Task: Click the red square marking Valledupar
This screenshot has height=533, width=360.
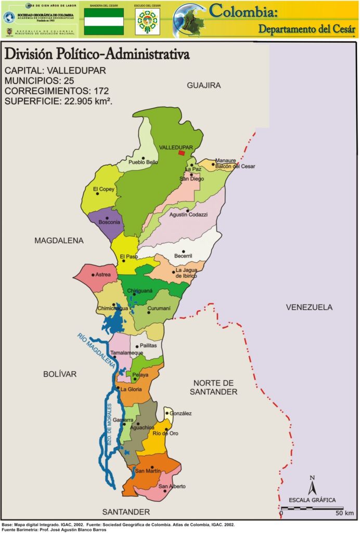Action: point(182,153)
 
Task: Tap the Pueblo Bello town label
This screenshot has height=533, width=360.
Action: point(143,162)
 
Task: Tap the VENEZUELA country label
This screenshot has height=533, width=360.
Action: point(309,308)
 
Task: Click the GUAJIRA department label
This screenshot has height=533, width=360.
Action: point(204,85)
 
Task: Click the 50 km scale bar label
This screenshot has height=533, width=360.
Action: point(344,514)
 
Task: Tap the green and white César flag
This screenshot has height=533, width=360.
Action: point(104,21)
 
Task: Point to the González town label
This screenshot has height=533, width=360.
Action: point(181,413)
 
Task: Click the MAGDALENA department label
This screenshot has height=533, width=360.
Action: point(59,240)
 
